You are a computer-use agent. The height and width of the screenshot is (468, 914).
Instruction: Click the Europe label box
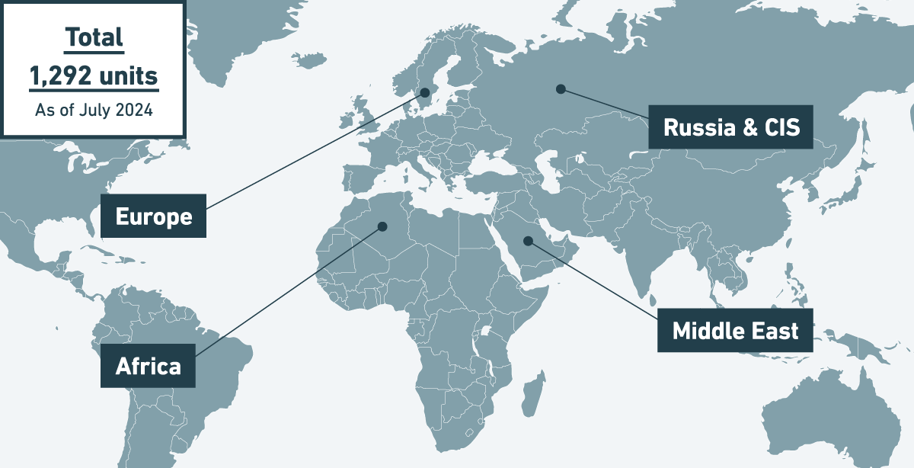[x=153, y=216]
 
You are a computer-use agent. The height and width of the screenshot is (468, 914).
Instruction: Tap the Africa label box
[x=148, y=367]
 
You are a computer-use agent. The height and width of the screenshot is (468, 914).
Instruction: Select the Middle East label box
[x=735, y=330]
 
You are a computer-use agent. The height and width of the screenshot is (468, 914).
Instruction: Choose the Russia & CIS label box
[x=731, y=127]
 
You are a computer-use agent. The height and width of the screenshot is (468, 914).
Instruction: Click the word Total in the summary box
[x=94, y=37]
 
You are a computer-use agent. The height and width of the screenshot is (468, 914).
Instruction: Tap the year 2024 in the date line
[x=134, y=110]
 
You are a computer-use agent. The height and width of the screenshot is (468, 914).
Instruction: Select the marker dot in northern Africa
[x=382, y=226]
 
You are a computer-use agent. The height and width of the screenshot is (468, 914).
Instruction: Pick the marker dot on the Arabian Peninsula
[x=528, y=241]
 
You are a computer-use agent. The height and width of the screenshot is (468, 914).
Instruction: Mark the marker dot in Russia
[x=561, y=89]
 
